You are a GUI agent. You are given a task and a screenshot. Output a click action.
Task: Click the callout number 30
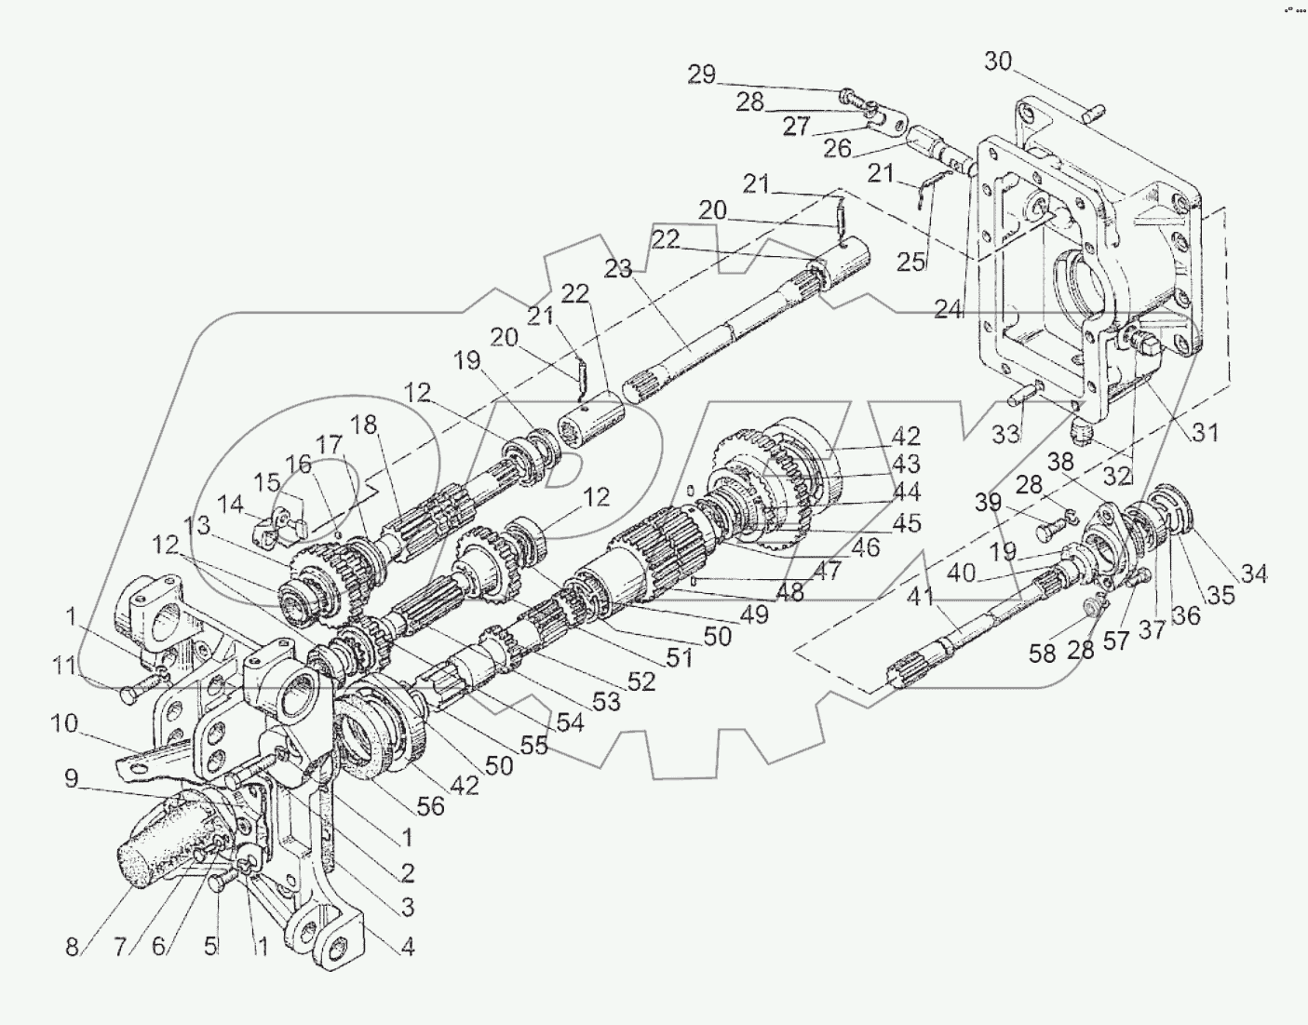[998, 61]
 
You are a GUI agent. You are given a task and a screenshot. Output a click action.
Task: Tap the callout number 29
[701, 74]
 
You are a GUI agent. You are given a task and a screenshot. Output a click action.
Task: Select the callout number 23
[617, 269]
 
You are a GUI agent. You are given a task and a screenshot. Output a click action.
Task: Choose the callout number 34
[1254, 573]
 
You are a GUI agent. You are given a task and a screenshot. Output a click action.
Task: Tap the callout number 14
[229, 506]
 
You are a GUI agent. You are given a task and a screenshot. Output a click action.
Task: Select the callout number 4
[407, 949]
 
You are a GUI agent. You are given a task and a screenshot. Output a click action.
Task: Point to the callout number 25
[912, 263]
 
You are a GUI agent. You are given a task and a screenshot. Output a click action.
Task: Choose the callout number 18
[366, 425]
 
